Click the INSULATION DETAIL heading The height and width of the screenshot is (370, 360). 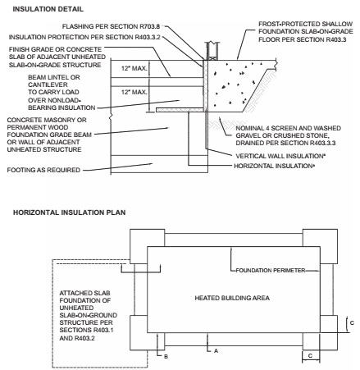tap(48, 9)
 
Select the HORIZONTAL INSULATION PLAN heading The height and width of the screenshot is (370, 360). tap(70, 212)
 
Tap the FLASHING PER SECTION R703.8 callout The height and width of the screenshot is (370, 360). tap(111, 26)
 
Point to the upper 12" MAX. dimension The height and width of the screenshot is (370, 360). tap(134, 68)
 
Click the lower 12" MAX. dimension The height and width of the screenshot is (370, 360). tap(134, 93)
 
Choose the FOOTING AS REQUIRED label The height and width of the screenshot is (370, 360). tap(43, 170)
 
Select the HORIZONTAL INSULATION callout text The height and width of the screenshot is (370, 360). tap(273, 166)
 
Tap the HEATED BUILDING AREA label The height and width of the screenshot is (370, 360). tap(232, 298)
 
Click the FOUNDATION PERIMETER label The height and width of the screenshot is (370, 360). tap(271, 271)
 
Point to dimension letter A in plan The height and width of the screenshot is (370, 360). tap(216, 351)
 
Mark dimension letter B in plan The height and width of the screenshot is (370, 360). tap(166, 357)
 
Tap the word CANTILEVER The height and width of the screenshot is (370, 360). tap(48, 85)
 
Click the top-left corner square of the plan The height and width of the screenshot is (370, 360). tap(148, 246)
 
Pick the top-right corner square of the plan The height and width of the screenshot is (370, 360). tap(320, 246)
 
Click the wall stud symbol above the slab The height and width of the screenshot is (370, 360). tap(212, 51)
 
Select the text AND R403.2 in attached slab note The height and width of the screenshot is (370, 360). tap(77, 338)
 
